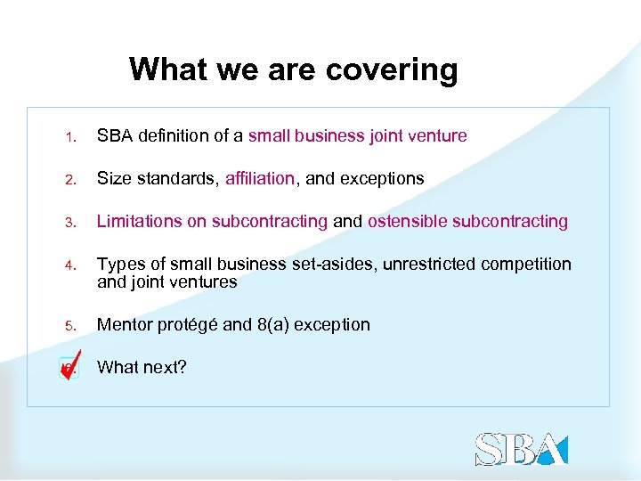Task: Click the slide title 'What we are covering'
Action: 293,69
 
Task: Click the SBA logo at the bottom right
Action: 521,449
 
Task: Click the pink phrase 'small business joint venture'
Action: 357,136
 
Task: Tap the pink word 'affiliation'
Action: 259,179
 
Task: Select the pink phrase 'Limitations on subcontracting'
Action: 212,222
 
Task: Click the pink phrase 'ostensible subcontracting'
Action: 467,222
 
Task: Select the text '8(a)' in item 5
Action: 273,325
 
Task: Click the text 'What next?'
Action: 142,367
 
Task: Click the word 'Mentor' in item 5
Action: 124,325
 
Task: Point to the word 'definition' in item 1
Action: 172,136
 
